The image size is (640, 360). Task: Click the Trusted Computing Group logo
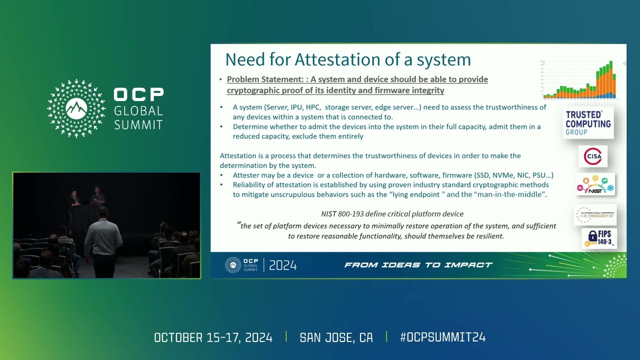pyautogui.click(x=588, y=123)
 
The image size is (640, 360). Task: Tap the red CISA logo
pyautogui.click(x=593, y=156)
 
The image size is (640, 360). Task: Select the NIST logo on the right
pyautogui.click(x=595, y=184)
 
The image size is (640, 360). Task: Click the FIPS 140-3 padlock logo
pyautogui.click(x=599, y=238)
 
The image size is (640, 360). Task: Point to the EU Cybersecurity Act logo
pyautogui.click(x=595, y=214)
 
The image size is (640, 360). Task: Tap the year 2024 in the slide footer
pyautogui.click(x=283, y=265)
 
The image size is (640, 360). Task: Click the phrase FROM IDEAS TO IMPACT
pyautogui.click(x=418, y=265)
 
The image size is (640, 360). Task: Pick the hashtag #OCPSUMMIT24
pyautogui.click(x=442, y=337)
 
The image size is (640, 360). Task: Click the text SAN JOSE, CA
pyautogui.click(x=336, y=337)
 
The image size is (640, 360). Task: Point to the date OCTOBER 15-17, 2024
pyautogui.click(x=213, y=337)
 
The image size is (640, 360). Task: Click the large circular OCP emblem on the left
pyautogui.click(x=76, y=108)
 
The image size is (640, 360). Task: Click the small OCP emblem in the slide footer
pyautogui.click(x=233, y=264)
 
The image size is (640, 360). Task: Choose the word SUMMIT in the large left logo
pyautogui.click(x=138, y=124)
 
